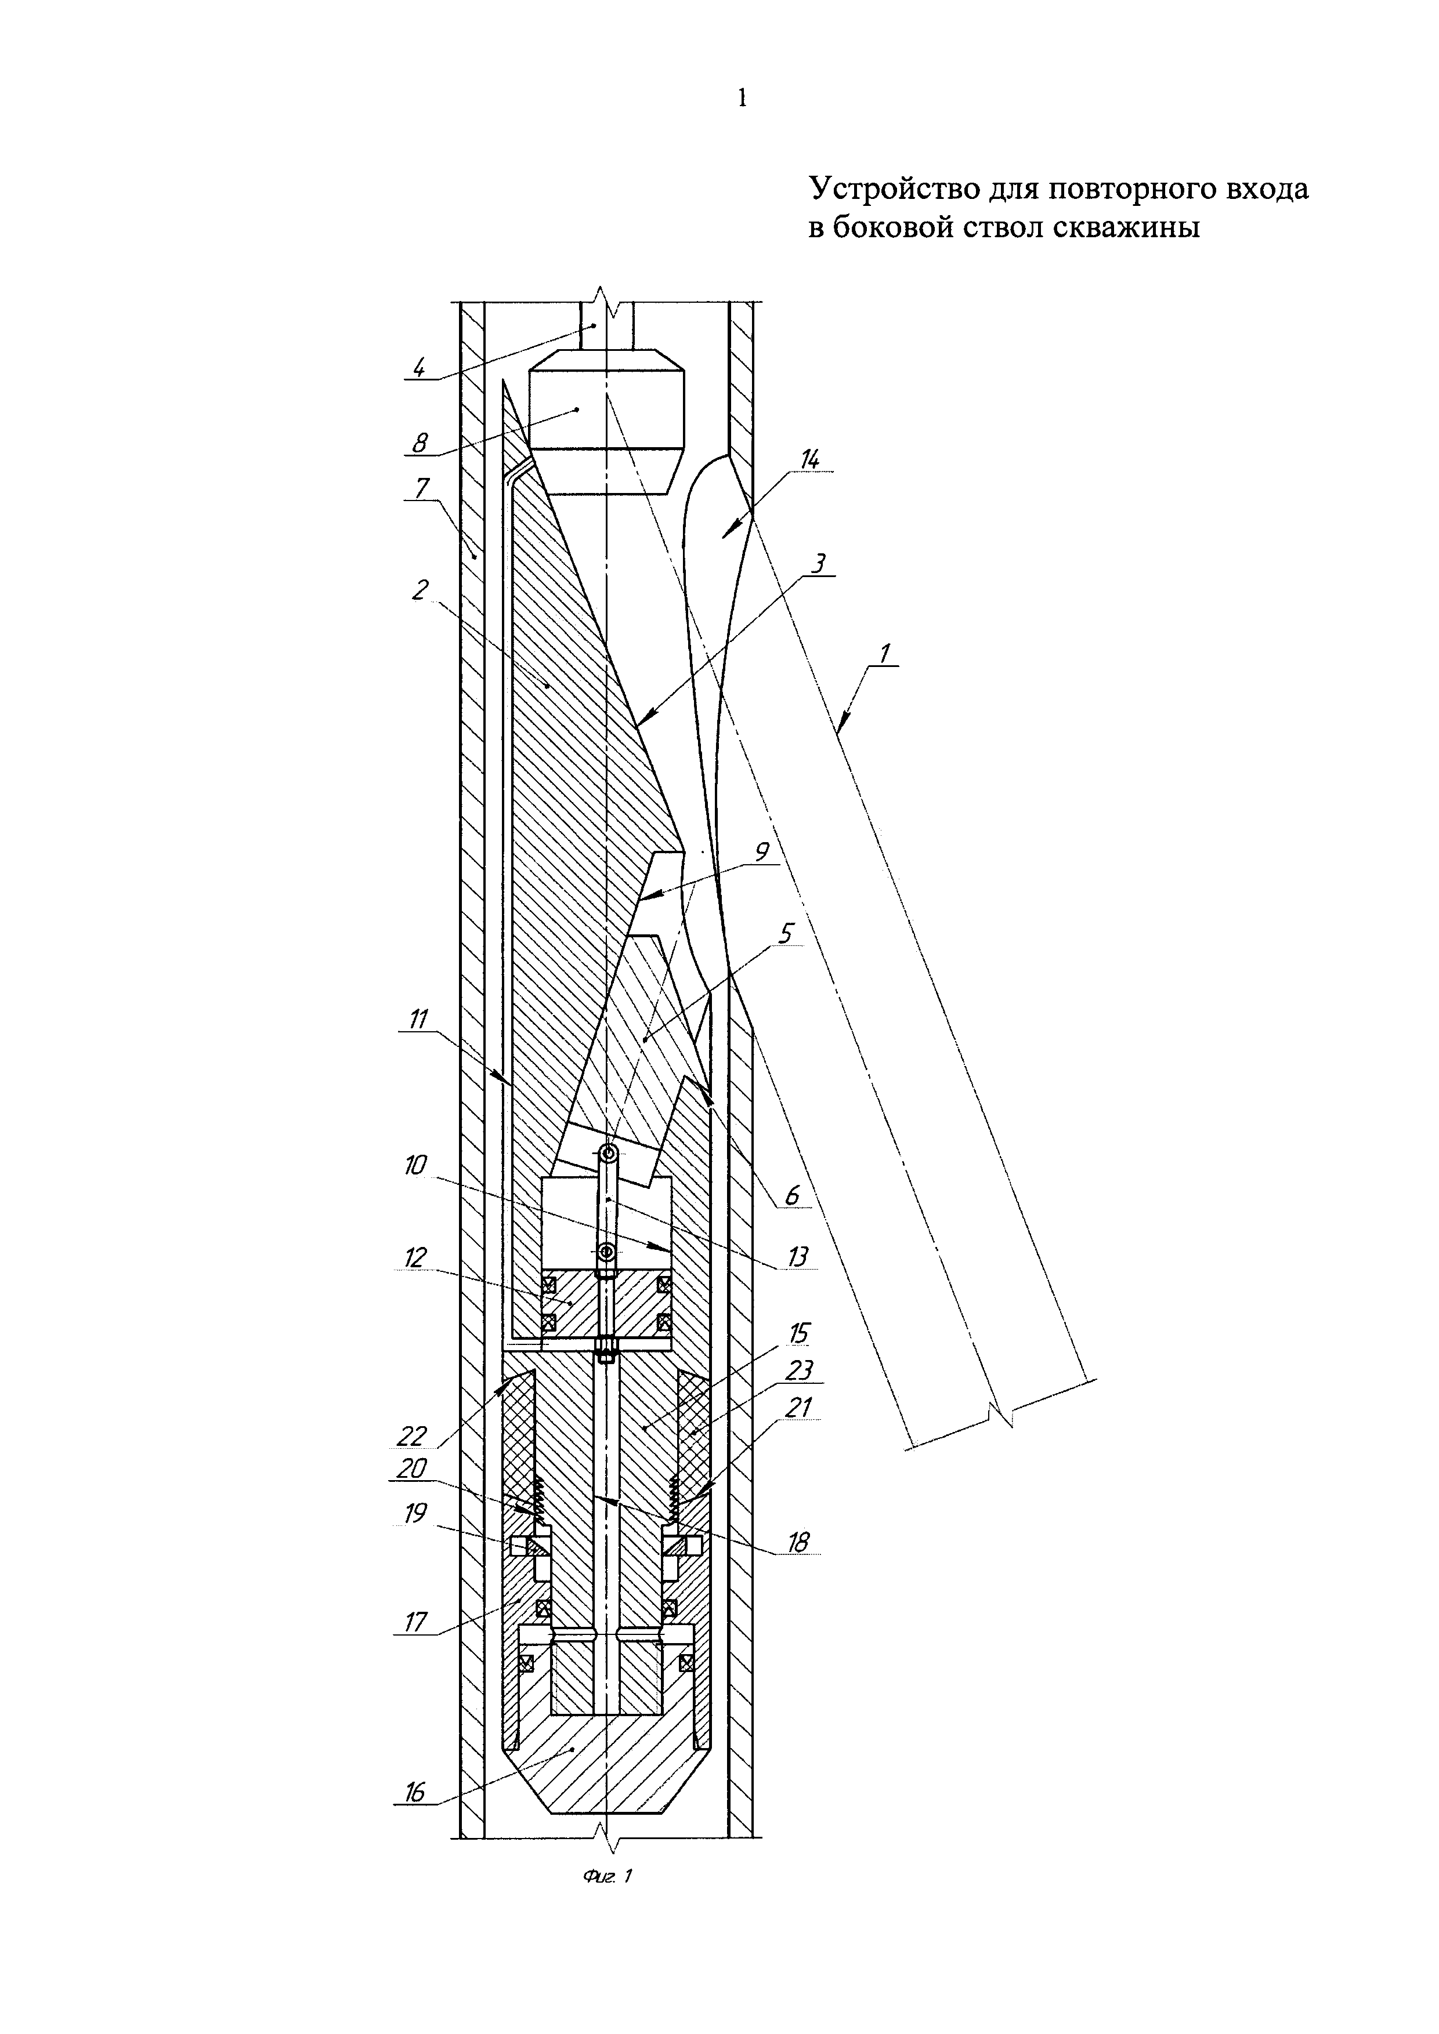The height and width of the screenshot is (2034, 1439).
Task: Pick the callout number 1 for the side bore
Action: coord(884,653)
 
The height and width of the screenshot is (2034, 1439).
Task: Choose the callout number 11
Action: coord(417,1020)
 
